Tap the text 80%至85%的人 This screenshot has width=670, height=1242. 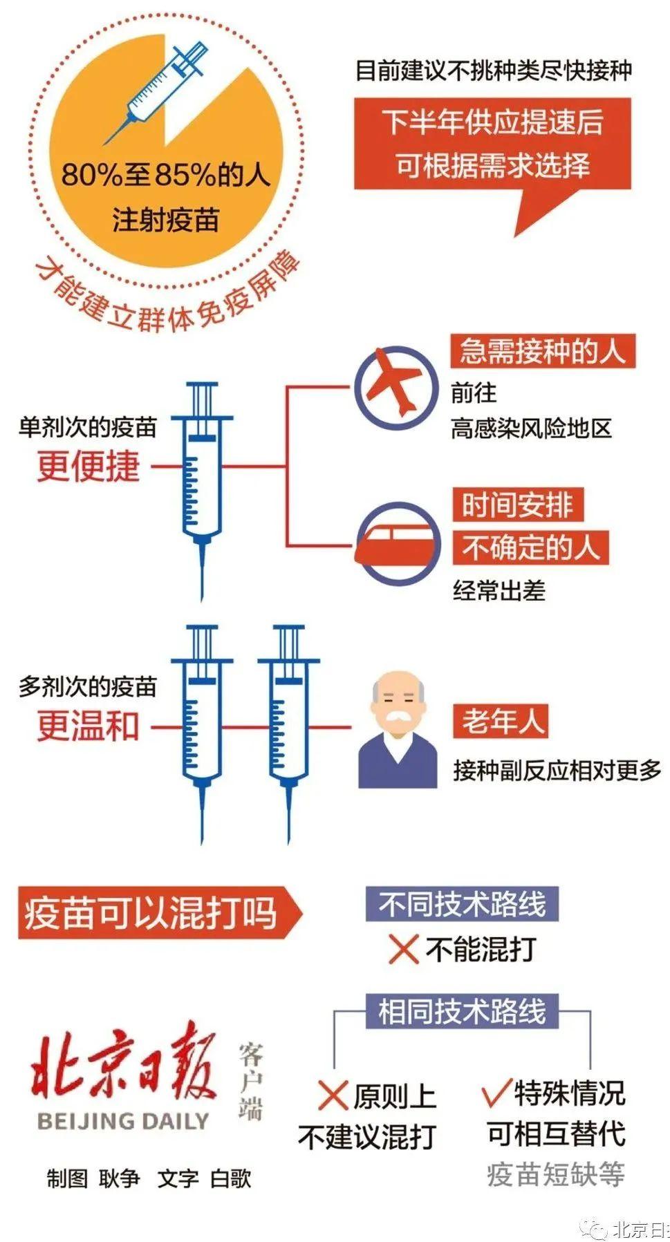pos(165,175)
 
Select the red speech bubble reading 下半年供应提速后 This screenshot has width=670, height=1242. pos(492,144)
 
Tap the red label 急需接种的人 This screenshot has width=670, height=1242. pos(542,351)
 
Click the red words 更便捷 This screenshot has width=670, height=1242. pos(89,466)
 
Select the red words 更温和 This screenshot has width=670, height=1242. pos(89,726)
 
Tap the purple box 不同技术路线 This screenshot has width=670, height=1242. pos(462,904)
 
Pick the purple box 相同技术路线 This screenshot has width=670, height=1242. pos(462,1011)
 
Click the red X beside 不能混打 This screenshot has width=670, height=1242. pos(403,949)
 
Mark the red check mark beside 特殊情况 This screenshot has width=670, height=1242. pos(496,1092)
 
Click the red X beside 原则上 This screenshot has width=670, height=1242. pos(333,1095)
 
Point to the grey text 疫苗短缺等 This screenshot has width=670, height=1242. pos(556,1174)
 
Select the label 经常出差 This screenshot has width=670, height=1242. pos(499,591)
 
